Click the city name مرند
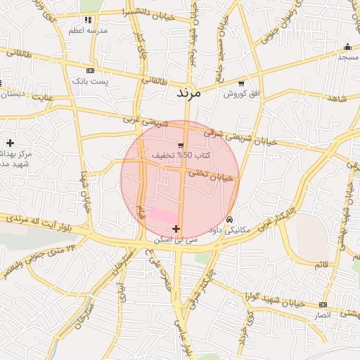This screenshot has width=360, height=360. (x=188, y=93)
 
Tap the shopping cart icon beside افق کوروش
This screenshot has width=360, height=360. (x=242, y=83)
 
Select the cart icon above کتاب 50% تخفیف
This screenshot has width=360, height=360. (x=181, y=145)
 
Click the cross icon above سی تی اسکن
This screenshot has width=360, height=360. (x=176, y=229)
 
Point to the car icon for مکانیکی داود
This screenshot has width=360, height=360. (x=229, y=219)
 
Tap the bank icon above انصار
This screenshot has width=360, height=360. (x=323, y=304)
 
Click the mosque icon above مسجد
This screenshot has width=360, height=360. (x=347, y=46)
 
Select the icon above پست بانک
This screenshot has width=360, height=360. (x=90, y=71)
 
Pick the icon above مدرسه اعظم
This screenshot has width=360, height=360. (x=88, y=20)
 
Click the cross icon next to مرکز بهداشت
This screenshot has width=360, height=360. (x=10, y=143)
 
